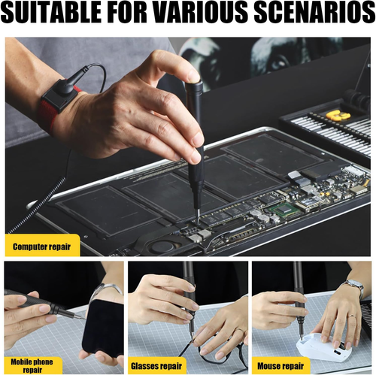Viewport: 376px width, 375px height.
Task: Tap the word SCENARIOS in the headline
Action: [x=314, y=13]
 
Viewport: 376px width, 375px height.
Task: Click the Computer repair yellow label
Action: [x=42, y=245]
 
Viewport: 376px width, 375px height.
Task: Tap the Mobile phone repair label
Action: [x=32, y=366]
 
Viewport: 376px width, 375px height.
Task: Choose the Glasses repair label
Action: [x=156, y=366]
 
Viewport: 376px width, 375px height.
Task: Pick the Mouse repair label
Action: [x=280, y=366]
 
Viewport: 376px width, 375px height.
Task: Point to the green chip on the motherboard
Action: [x=285, y=209]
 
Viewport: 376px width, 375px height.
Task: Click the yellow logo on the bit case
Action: [x=338, y=115]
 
